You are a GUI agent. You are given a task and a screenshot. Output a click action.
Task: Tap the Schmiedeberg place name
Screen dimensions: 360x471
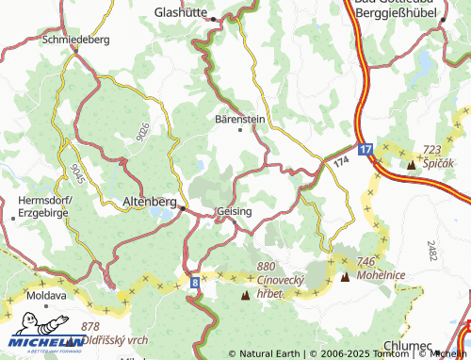(x=77, y=41)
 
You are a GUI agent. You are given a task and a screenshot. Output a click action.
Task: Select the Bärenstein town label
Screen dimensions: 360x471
(x=241, y=120)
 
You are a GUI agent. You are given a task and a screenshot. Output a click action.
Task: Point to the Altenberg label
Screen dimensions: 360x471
(x=150, y=202)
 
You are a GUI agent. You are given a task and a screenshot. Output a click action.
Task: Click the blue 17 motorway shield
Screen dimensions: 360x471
(x=365, y=149)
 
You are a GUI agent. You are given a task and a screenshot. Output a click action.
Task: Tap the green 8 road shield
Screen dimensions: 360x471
(x=194, y=282)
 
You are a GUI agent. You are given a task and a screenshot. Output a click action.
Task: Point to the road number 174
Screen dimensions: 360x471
(x=339, y=163)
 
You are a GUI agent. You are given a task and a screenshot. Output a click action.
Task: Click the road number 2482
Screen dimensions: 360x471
(x=431, y=252)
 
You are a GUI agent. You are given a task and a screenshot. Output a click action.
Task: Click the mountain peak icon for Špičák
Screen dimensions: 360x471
(x=411, y=166)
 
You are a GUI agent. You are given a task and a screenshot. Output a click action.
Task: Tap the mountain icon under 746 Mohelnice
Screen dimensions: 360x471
(x=345, y=277)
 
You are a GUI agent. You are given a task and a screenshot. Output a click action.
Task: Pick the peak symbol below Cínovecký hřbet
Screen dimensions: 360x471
(x=246, y=295)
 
